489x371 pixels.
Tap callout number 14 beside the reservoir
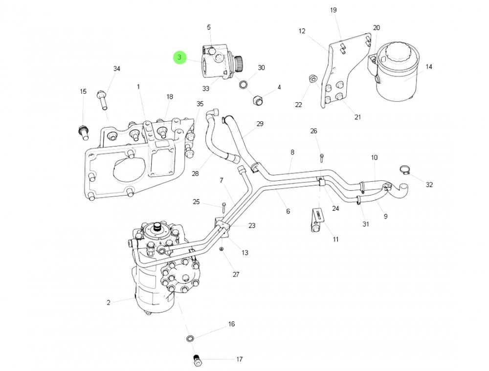pos(429,67)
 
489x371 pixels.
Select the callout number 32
pos(429,184)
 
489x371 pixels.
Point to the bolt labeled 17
pos(198,360)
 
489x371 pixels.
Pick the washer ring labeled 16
pos(190,338)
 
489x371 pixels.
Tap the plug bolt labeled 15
pos(83,131)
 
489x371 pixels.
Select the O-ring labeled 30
pos(244,84)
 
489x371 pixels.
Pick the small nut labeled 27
pos(221,250)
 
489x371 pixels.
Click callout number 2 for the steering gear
pos(109,303)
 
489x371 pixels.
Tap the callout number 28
pos(195,174)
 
